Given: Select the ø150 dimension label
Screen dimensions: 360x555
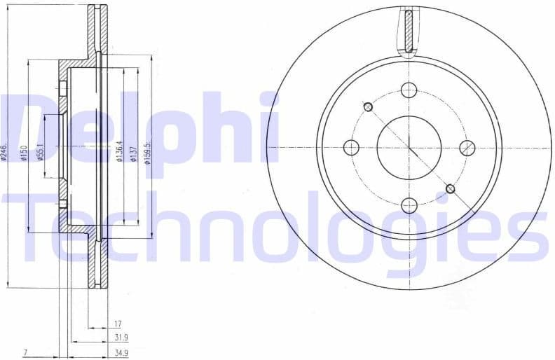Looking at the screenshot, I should click(x=23, y=152).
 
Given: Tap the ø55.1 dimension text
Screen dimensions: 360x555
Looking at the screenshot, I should click(x=41, y=151).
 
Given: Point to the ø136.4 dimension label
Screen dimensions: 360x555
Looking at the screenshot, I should click(x=119, y=151).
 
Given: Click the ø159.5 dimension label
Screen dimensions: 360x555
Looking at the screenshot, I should click(x=146, y=151).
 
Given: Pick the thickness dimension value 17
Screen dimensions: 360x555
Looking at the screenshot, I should click(x=117, y=324).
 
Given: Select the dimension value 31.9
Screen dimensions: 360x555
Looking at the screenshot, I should click(x=121, y=337).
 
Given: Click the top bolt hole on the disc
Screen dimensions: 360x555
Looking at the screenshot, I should click(x=409, y=90).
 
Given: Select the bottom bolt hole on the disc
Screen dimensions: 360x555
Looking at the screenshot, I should click(x=409, y=205).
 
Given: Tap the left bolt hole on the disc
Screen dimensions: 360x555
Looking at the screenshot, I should click(x=351, y=148).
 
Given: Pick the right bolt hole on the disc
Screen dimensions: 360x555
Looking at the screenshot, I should click(x=467, y=147).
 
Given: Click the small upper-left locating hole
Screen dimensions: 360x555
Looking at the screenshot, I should click(x=368, y=106).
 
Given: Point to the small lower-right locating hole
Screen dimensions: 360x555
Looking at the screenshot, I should click(x=450, y=188).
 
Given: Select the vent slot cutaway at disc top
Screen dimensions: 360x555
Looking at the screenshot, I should click(x=407, y=32).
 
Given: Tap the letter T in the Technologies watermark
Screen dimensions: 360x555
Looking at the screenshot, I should click(x=35, y=226).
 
